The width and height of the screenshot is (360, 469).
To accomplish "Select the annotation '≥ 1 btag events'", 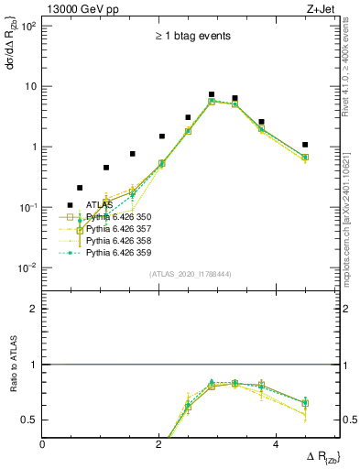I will [x=192, y=37].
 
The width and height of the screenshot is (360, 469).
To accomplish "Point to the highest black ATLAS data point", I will [x=212, y=94].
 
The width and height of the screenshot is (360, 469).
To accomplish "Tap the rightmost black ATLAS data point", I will [x=305, y=145].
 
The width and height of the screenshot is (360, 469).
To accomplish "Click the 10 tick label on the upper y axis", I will [x=29, y=86].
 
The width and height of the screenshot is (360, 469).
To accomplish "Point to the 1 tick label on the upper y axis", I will [x=33, y=147].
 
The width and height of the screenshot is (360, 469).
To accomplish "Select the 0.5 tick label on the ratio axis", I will [x=28, y=420].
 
